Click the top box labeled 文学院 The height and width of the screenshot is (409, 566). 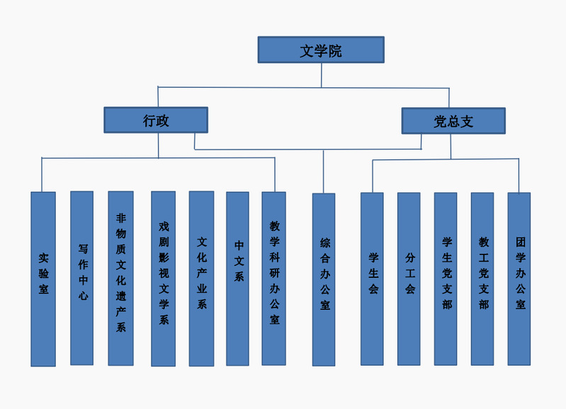click(x=320, y=50)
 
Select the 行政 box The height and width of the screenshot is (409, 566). click(x=156, y=121)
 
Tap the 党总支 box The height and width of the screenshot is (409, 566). click(x=453, y=121)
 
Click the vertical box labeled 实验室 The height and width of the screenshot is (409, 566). click(x=43, y=279)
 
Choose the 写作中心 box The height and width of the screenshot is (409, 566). click(x=82, y=279)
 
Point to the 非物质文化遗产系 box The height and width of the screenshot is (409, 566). click(x=120, y=279)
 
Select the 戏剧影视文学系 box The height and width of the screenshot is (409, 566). click(x=163, y=279)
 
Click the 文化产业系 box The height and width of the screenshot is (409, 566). click(x=201, y=279)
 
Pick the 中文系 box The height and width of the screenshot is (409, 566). click(x=238, y=279)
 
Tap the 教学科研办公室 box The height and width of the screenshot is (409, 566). click(x=274, y=279)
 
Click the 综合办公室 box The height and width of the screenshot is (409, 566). click(x=324, y=279)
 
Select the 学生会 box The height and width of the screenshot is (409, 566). click(x=373, y=279)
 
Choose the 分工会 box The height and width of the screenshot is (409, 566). click(x=409, y=279)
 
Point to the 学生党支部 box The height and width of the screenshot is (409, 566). click(x=446, y=279)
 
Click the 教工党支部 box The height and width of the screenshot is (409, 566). click(x=483, y=279)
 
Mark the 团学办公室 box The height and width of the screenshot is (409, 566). click(x=520, y=279)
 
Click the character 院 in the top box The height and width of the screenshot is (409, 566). click(x=335, y=51)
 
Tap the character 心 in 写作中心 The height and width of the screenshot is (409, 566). click(x=82, y=296)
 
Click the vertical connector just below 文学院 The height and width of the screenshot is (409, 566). click(x=322, y=74)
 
